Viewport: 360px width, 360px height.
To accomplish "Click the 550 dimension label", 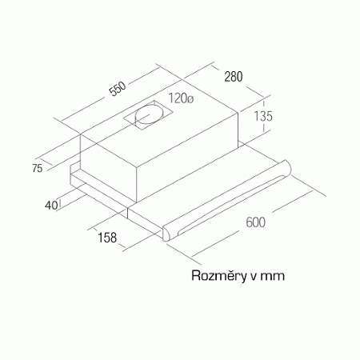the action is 118,89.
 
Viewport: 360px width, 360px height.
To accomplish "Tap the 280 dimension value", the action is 234,77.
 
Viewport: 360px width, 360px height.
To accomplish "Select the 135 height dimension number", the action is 263,116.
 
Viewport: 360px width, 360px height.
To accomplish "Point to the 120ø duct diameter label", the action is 181,98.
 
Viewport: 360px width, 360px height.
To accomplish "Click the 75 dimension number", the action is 37,168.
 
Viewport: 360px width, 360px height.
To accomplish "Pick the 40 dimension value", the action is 51,205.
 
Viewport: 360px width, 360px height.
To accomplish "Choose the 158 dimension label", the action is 107,238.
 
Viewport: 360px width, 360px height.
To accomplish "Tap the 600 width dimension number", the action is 255,222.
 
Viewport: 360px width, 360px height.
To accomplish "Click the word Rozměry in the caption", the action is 219,276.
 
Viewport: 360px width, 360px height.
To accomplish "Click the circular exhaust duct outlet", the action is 148,116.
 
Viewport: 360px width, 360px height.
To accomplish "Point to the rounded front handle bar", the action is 226,201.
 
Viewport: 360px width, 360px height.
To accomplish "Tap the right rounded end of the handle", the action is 286,167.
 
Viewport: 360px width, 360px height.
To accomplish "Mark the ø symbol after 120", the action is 190,99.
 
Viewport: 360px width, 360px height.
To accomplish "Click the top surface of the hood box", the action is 158,122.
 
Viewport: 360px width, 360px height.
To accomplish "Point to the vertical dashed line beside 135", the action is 264,115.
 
